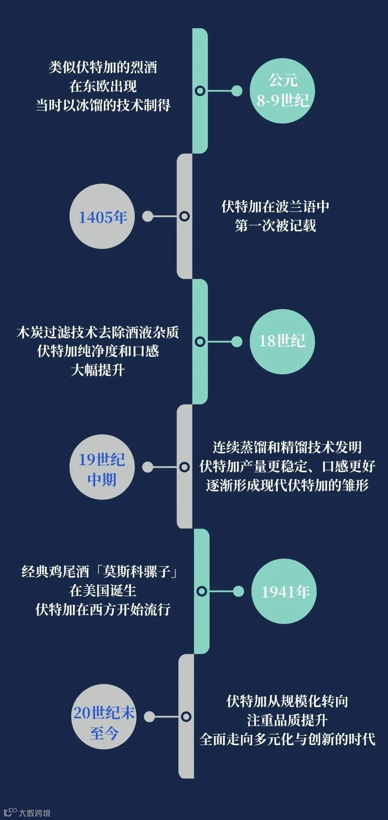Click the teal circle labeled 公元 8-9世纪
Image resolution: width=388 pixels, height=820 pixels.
282,91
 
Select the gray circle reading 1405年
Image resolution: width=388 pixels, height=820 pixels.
102,217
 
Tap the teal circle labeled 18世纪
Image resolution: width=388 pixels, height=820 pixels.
282,341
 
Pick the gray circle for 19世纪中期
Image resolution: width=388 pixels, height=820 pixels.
102,467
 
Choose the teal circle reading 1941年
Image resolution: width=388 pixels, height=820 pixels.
284,591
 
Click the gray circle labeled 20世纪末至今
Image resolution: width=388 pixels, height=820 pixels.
104,717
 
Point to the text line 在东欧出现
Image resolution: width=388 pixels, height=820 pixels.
103,86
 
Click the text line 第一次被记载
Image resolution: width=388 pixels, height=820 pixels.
275,226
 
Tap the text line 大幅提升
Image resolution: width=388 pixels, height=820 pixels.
98,370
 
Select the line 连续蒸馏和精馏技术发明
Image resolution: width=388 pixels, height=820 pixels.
287,447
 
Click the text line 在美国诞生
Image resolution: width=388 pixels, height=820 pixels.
103,591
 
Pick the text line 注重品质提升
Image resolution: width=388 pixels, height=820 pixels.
287,720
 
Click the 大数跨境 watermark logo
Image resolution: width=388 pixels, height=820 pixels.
27,812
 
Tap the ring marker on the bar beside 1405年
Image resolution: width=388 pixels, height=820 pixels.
185,216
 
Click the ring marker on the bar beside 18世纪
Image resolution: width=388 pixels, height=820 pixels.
200,342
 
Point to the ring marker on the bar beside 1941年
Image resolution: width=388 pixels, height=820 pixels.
201,591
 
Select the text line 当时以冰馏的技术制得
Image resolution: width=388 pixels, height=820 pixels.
103,105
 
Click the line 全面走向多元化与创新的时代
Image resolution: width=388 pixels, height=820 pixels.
287,739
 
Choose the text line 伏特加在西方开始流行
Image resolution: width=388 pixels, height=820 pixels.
103,610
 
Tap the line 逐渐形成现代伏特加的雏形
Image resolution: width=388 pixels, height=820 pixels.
287,485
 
